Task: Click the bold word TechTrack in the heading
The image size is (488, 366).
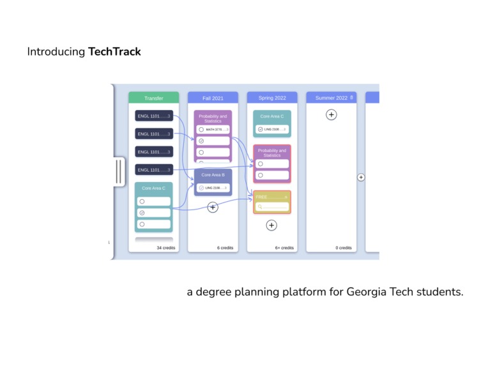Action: click(114, 52)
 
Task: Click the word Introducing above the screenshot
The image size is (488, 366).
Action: click(56, 52)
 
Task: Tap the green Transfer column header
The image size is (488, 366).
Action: click(153, 98)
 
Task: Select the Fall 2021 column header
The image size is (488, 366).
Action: click(213, 98)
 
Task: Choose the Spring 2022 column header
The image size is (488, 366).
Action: click(272, 98)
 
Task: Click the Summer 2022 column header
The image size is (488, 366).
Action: click(330, 98)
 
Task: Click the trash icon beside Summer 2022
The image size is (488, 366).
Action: click(351, 98)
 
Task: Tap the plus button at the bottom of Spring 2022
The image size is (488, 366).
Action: click(271, 225)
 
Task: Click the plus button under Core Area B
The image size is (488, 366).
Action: click(213, 207)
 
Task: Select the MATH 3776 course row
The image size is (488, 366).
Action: click(213, 130)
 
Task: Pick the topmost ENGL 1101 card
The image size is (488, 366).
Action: click(153, 116)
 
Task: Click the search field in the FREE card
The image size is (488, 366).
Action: click(272, 207)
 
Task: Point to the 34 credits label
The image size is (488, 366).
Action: click(166, 248)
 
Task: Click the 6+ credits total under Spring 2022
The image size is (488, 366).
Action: click(284, 248)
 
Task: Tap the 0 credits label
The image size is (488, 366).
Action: click(344, 248)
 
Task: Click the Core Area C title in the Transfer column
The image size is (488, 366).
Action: click(153, 188)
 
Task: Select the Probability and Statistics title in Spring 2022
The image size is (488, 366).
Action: click(272, 153)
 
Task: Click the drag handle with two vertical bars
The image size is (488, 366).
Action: click(119, 171)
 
